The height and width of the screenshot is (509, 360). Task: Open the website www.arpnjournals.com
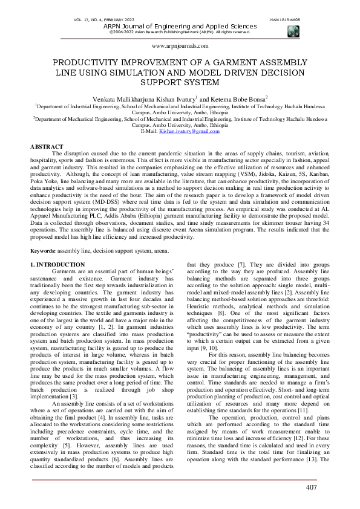pos(180,45)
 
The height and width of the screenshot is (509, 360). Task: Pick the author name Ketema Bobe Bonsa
pos(241,98)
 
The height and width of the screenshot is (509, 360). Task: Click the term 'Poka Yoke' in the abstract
pos(43,180)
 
